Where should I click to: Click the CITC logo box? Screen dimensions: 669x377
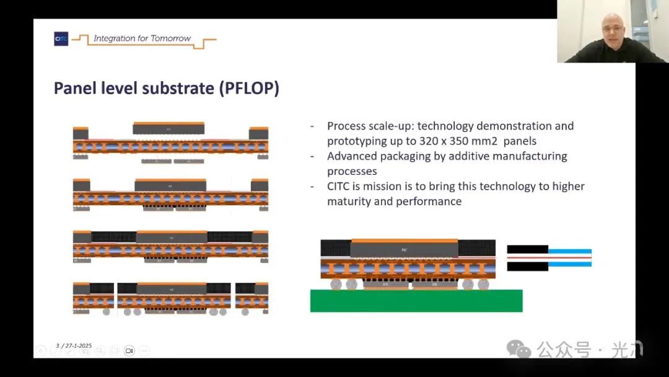[x=61, y=39]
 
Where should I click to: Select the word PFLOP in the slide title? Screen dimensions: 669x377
[x=248, y=88]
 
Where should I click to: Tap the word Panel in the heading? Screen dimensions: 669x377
[x=73, y=88]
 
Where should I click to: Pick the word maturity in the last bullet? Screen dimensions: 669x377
[x=351, y=201]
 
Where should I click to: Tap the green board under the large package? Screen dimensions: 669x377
[x=416, y=301]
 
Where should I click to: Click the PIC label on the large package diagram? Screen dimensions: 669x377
[x=404, y=249]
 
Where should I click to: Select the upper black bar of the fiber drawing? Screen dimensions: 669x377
[x=527, y=249]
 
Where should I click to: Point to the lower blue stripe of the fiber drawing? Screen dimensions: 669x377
[x=570, y=264]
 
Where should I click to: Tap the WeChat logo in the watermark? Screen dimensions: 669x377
[x=518, y=349]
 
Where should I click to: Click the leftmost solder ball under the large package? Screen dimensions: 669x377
[x=337, y=284]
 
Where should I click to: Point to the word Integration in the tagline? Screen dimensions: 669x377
[x=114, y=38]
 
